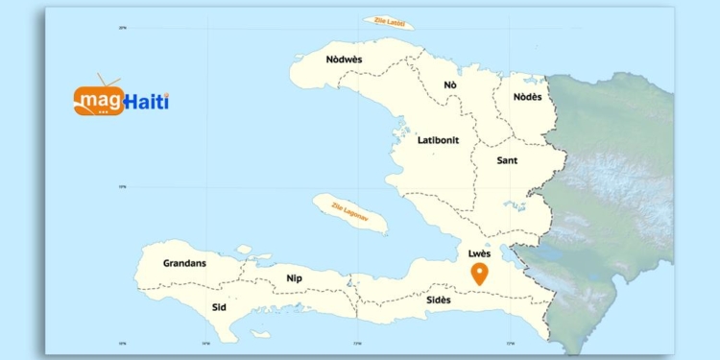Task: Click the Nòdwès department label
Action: point(344,60)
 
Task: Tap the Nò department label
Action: point(449,85)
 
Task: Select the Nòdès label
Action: point(527,97)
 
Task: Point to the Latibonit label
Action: point(438,140)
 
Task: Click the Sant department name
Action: point(507,160)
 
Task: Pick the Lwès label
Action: point(479,253)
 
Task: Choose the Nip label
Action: point(294,278)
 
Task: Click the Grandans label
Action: point(184,262)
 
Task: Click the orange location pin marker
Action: point(480,275)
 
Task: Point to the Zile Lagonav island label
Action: point(350,212)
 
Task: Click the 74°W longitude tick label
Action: point(205,343)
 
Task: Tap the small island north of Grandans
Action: point(244,250)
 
